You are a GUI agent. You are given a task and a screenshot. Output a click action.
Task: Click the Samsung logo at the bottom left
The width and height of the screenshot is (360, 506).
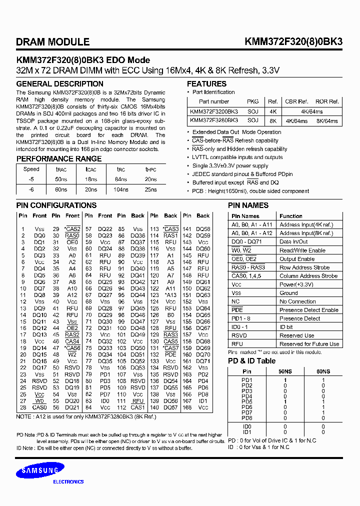(x=35, y=471)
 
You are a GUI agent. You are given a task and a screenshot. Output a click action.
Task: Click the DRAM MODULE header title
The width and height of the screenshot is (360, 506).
(x=53, y=42)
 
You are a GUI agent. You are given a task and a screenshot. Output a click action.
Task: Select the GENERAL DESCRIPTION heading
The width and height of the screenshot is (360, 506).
(x=60, y=84)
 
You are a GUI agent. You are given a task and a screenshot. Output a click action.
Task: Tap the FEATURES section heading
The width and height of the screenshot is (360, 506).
(x=206, y=84)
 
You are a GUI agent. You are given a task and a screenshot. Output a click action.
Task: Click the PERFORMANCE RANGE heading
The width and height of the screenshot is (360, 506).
(x=59, y=159)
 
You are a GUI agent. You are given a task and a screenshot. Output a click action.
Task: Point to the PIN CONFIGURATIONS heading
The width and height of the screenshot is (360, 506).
(x=56, y=205)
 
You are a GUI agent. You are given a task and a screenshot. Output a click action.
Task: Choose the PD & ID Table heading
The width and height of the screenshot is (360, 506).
(x=251, y=360)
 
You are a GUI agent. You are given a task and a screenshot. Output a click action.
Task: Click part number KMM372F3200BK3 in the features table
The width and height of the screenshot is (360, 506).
(x=214, y=111)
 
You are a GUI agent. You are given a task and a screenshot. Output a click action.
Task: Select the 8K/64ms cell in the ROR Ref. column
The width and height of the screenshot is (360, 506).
(x=326, y=121)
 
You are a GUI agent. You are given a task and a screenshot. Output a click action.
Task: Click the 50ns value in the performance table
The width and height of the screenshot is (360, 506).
(x=61, y=179)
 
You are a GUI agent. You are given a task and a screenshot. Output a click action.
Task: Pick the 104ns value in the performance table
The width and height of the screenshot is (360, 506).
(x=121, y=189)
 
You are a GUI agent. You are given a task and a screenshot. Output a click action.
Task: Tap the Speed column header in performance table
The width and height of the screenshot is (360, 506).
(x=31, y=169)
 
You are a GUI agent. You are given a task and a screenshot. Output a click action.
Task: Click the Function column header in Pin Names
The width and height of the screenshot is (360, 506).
(x=290, y=216)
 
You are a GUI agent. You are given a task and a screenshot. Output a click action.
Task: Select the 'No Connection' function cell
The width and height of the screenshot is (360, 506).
(x=297, y=301)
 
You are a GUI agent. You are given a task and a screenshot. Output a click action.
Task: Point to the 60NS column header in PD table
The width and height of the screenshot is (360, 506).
(x=322, y=371)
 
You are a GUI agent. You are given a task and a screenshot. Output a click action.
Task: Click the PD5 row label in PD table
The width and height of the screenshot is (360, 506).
(x=247, y=401)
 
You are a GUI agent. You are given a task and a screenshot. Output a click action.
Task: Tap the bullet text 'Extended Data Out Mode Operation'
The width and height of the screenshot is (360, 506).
(x=236, y=132)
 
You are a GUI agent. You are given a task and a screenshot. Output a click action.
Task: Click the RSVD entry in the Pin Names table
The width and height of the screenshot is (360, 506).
(x=239, y=335)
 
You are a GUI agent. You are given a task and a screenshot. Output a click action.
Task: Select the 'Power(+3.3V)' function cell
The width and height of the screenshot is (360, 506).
(x=297, y=284)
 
